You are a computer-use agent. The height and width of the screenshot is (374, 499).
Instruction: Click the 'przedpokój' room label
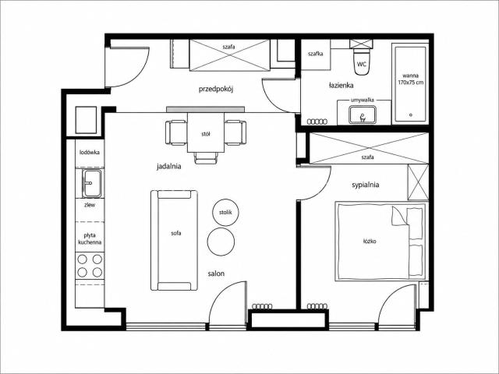[216, 89]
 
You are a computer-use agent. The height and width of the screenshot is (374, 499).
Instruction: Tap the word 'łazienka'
[342, 85]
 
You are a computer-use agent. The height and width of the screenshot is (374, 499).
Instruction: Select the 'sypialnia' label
[366, 185]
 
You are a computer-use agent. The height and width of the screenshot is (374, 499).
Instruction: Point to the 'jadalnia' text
[168, 166]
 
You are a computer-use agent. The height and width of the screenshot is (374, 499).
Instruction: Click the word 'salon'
[216, 273]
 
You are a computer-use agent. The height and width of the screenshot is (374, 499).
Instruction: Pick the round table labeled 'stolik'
[225, 213]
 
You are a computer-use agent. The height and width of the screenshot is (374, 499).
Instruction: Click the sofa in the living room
[174, 240]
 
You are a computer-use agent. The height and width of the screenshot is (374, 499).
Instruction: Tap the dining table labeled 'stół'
[206, 132]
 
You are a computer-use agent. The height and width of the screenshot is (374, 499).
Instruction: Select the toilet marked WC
[362, 62]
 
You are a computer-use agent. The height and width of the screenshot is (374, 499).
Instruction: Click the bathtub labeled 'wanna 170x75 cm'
[410, 83]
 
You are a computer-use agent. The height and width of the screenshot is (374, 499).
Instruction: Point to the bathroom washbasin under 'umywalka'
[362, 115]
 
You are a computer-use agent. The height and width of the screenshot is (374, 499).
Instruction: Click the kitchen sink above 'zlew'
[92, 184]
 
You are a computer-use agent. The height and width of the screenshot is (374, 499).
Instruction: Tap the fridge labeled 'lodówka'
[90, 153]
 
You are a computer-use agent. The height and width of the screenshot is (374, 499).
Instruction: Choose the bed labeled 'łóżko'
[380, 241]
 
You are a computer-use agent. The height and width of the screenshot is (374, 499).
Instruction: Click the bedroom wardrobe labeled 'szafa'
[369, 148]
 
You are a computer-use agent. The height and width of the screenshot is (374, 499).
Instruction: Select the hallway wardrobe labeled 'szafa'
[229, 55]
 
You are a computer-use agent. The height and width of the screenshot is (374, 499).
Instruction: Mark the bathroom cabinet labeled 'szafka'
[315, 54]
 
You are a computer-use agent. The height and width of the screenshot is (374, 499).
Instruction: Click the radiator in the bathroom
[317, 122]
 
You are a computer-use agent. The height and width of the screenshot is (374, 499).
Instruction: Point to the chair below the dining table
[206, 158]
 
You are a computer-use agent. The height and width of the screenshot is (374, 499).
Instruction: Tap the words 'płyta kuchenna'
[90, 239]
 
